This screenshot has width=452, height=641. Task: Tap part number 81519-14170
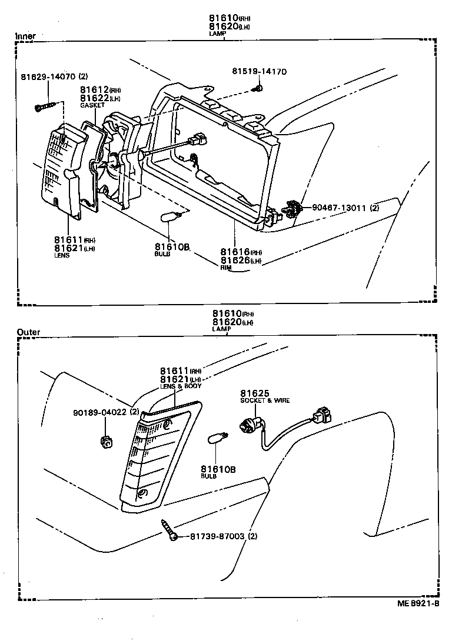[259, 72]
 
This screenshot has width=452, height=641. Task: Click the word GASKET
[92, 105]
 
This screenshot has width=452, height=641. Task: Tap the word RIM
[226, 268]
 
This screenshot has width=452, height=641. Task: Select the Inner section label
[25, 36]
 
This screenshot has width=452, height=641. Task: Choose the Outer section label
[28, 332]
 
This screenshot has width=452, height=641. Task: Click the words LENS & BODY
[181, 386]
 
